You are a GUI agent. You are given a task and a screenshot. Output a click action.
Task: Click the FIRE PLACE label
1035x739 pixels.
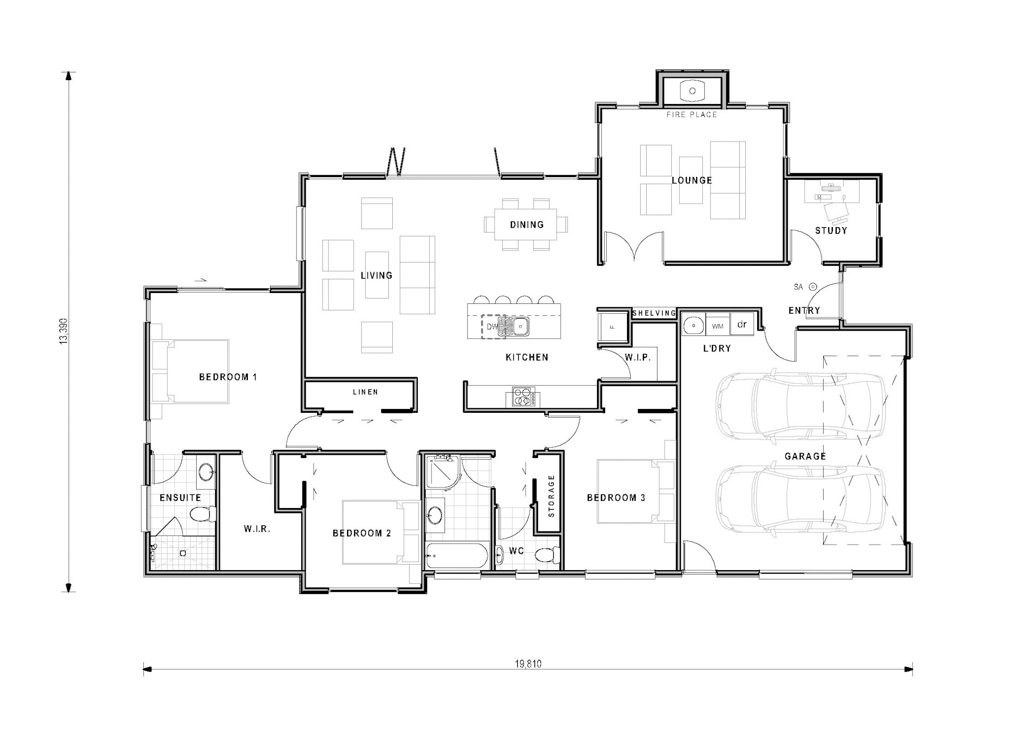coord(692,115)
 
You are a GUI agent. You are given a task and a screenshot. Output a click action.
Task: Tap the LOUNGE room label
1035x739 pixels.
coord(692,180)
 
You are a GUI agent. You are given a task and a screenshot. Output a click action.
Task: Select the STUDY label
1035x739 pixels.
coord(831,230)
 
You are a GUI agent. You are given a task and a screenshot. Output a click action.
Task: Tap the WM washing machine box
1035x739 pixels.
coord(717,326)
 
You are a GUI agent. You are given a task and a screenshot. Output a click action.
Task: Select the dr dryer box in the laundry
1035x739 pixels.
coord(742,324)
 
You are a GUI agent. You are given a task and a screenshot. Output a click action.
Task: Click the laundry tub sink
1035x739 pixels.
coord(694,325)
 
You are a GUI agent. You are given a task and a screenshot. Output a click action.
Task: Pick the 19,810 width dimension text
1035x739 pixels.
coord(528,664)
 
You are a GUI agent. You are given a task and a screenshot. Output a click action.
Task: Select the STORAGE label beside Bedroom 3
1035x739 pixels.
coord(551,496)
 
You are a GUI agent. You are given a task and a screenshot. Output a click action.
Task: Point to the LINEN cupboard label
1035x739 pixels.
coord(366,392)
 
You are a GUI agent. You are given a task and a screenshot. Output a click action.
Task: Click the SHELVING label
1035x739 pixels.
coord(654,313)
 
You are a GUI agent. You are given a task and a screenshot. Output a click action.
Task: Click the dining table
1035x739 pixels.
coord(526,224)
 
